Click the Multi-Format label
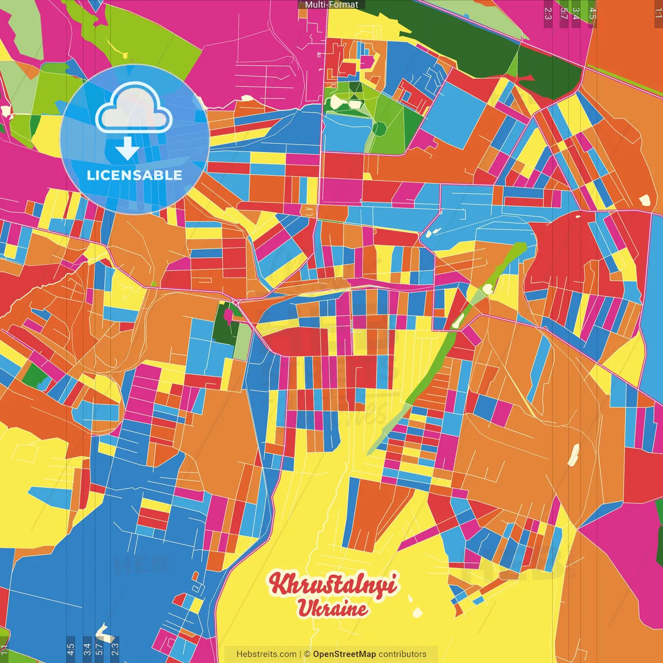[331, 5]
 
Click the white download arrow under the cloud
[127, 149]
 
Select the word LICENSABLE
[134, 175]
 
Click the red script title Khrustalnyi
[333, 584]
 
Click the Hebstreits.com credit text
[266, 654]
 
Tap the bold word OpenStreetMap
[344, 654]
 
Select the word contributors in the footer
[402, 654]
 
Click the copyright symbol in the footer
[307, 654]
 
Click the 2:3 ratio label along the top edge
[548, 13]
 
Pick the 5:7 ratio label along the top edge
[564, 13]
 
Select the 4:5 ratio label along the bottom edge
[70, 650]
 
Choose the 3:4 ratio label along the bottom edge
[87, 650]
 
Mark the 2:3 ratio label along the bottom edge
[115, 650]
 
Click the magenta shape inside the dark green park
[228, 314]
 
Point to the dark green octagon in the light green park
[379, 127]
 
